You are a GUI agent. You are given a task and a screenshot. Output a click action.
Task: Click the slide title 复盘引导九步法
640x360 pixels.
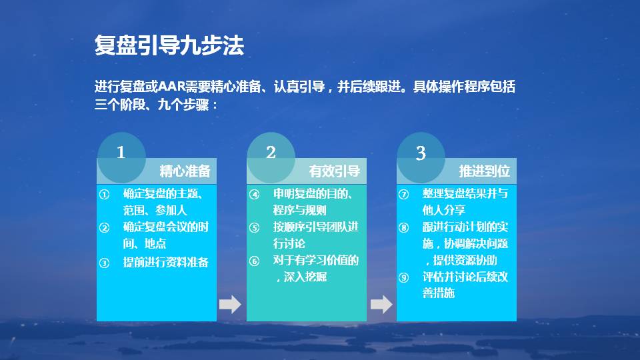pos(169,45)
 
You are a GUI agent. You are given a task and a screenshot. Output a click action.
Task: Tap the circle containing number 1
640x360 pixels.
pos(121,153)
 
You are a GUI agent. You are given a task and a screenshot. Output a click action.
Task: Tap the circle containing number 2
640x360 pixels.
pos(271,153)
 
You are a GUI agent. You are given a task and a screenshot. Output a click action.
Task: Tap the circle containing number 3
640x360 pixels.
pos(421,153)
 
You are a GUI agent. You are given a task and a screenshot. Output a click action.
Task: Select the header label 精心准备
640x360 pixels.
pos(185,171)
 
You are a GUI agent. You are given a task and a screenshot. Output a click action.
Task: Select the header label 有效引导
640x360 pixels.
pos(335,171)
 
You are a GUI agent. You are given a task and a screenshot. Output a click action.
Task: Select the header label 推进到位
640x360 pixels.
pos(485,171)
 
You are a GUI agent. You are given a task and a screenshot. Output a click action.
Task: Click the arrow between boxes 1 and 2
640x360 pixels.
pos(231,305)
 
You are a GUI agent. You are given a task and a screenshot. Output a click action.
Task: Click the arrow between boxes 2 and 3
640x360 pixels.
pos(381,305)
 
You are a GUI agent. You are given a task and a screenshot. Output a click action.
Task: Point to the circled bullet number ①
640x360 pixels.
pos(104,195)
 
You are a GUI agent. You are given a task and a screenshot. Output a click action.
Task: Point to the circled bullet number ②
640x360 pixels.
pos(104,228)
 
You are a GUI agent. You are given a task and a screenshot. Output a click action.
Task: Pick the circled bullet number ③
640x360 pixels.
pos(104,263)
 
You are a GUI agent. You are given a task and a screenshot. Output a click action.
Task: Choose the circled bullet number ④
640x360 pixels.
pos(254,195)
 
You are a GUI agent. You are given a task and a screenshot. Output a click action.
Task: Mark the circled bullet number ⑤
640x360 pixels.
pos(254,228)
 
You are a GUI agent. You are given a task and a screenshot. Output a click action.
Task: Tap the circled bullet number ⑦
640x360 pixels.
pos(404,195)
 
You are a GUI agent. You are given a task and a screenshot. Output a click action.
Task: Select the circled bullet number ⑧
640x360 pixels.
pos(404,228)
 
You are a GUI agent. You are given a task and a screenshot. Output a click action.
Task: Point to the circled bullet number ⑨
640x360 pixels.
pos(404,277)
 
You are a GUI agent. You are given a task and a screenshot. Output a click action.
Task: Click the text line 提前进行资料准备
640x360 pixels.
pos(166,263)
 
